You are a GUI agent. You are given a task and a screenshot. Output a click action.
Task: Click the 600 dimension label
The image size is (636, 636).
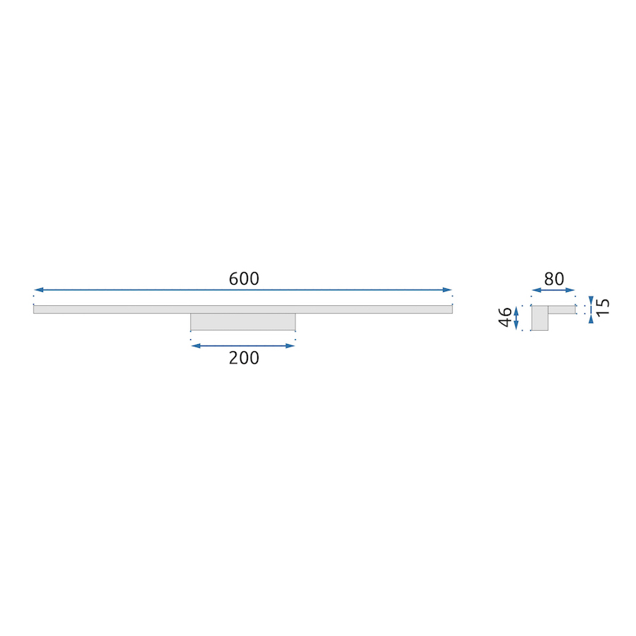click(244, 278)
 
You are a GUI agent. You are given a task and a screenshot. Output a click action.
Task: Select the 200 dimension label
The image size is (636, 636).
click(244, 358)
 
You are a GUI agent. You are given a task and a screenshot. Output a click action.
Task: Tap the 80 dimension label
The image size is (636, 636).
click(554, 279)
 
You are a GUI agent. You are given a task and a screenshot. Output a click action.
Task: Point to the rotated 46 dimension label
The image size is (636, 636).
click(505, 317)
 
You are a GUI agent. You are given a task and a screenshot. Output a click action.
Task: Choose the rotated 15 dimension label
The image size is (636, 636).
click(603, 307)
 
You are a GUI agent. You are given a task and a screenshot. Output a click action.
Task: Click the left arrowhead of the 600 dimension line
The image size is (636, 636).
click(39, 290)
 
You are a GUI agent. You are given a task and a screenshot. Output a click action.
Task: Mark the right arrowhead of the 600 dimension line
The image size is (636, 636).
click(447, 290)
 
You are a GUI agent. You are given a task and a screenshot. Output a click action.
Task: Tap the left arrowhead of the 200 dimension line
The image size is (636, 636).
click(196, 346)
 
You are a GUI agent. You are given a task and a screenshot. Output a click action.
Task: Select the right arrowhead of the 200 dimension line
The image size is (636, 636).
click(290, 346)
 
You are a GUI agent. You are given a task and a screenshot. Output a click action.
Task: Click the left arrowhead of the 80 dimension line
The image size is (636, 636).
click(536, 290)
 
